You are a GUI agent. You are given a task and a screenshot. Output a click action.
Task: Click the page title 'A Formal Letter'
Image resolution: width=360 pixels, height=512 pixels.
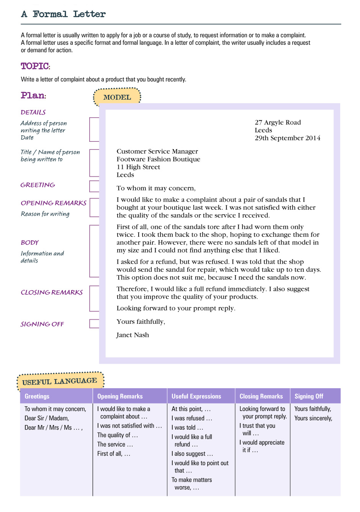63,14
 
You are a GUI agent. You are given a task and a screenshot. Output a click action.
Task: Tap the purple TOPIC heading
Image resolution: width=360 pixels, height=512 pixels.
35,66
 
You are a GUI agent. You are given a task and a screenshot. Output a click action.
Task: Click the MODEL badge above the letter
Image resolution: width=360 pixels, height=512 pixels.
117,97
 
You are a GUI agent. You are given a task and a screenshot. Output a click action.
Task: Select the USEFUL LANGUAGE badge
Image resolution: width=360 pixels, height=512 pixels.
60,381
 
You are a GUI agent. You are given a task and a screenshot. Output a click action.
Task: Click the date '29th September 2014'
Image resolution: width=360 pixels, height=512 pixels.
287,138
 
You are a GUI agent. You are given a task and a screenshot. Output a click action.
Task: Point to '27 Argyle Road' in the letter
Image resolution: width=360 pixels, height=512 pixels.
278,122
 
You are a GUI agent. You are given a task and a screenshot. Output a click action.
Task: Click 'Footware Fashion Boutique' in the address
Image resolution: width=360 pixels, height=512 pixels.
158,159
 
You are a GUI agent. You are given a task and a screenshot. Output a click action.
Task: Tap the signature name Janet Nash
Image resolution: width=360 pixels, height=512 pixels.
133,335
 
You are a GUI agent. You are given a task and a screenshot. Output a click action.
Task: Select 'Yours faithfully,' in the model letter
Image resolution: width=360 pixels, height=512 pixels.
141,322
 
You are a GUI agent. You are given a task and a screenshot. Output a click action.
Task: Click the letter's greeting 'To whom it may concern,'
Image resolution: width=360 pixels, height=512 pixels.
156,188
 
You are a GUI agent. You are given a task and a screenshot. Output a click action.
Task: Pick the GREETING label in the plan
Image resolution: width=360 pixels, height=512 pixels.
38,185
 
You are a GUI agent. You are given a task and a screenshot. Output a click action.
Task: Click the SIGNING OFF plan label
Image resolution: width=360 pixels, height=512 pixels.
42,324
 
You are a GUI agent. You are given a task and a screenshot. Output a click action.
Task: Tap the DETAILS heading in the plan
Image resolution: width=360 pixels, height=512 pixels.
33,112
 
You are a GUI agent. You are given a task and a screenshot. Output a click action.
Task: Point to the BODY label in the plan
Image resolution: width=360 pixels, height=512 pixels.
29,243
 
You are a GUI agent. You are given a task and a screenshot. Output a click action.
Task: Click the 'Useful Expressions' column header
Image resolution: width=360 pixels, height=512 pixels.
196,396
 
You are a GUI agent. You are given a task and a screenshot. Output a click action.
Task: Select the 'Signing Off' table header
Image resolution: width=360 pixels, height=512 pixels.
309,396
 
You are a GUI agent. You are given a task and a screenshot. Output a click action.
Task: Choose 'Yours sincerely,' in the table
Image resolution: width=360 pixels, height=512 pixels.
313,418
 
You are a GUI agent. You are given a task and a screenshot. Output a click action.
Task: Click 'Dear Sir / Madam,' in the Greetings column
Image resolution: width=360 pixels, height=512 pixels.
47,418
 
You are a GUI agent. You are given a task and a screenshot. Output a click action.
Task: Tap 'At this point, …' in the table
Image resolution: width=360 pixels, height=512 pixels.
191,409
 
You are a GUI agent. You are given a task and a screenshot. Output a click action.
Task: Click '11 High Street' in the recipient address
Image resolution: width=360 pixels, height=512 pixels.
138,167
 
